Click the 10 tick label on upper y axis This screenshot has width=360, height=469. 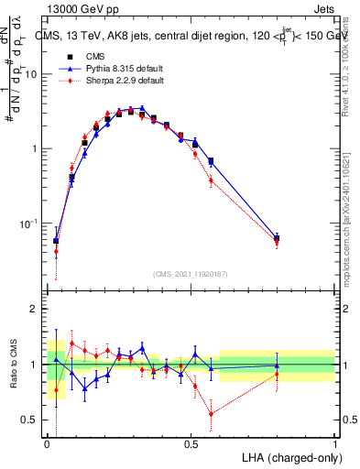(x=31, y=74)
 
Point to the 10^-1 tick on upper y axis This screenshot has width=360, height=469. (x=29, y=224)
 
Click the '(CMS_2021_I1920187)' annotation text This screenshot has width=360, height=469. (x=190, y=272)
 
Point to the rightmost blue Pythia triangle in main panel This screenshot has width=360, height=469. (x=277, y=238)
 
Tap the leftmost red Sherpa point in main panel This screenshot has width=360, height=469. (x=56, y=252)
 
